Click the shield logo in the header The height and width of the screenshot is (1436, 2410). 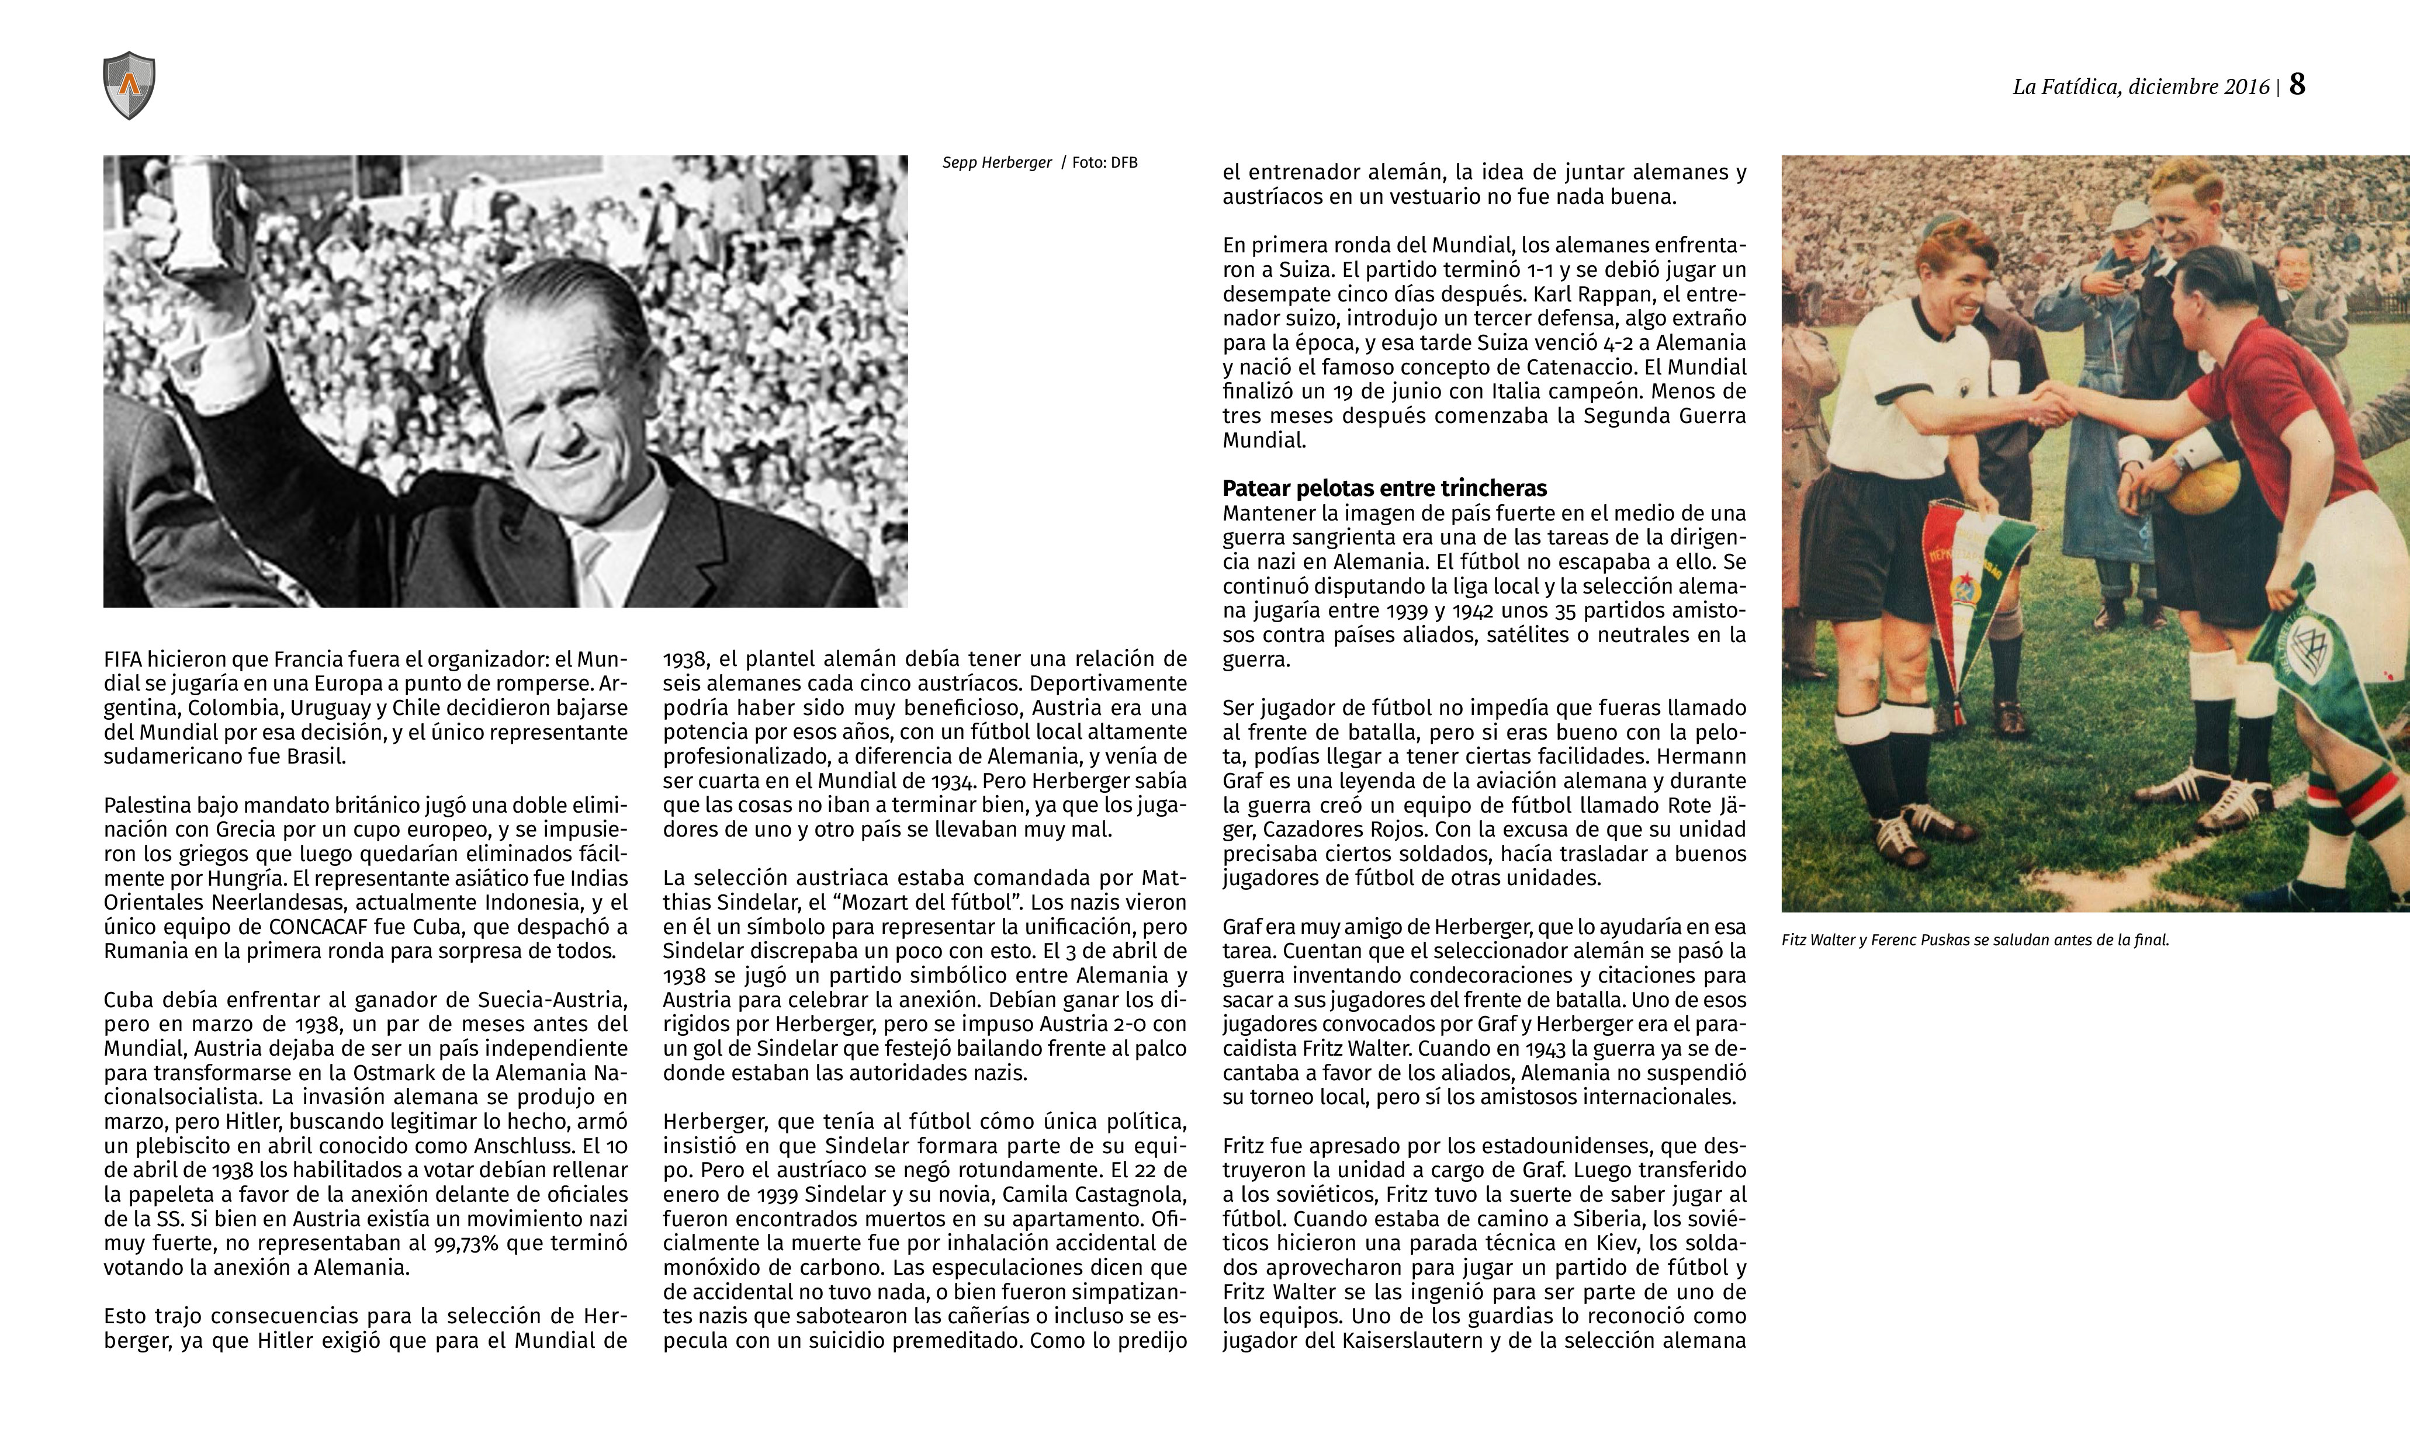point(129,86)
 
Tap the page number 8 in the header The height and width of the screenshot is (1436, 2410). point(2297,85)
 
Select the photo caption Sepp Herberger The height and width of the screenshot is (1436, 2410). point(996,162)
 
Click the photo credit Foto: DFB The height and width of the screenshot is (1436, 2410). point(1104,162)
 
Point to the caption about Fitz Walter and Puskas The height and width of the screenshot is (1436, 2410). point(1975,939)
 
